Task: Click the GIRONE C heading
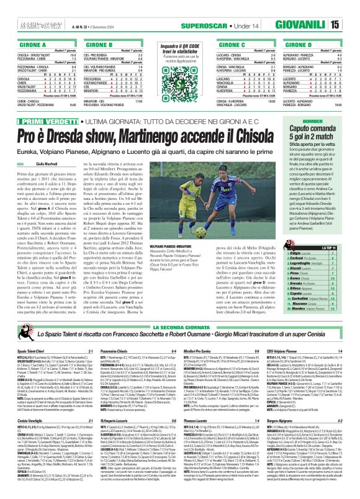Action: pos(246,45)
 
